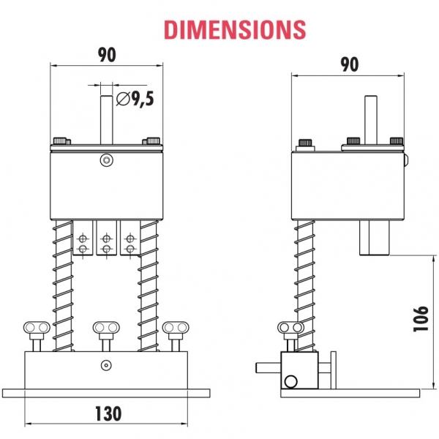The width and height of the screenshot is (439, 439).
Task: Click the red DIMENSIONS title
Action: click(x=235, y=29)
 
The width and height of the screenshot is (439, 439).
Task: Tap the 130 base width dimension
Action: click(x=108, y=414)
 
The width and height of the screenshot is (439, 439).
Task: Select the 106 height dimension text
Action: click(x=421, y=319)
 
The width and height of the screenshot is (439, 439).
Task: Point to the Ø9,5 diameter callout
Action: click(x=135, y=99)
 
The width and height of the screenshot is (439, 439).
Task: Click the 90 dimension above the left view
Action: click(x=107, y=55)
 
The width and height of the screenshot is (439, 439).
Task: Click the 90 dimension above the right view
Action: click(x=350, y=64)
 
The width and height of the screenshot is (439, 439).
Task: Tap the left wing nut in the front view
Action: click(x=37, y=336)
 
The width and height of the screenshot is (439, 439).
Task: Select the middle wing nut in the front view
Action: click(x=106, y=336)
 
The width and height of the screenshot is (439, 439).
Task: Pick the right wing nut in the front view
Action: click(x=176, y=336)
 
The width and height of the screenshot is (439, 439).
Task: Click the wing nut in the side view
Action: click(x=290, y=336)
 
